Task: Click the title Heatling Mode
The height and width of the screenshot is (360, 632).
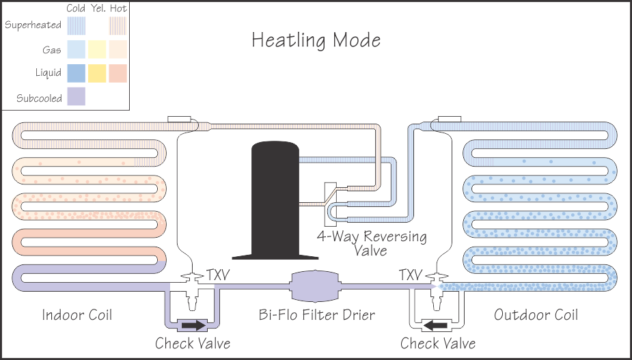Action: [316, 40]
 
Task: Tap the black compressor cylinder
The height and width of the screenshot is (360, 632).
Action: [275, 198]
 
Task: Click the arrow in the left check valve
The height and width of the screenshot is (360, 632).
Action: [193, 325]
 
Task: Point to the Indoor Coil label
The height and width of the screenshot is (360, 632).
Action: [77, 315]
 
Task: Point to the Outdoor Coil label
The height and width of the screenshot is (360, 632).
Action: [536, 315]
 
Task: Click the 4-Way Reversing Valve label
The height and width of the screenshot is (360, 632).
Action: [372, 243]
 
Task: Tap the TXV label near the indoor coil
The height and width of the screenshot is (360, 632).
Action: [218, 275]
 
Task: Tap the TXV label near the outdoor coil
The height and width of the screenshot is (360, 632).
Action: [410, 275]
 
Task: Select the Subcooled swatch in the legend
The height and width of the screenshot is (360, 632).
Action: [76, 97]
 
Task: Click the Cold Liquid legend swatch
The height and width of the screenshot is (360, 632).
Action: [76, 72]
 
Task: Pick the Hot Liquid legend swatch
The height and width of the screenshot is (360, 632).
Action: [118, 72]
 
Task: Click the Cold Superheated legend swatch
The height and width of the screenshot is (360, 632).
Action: [76, 25]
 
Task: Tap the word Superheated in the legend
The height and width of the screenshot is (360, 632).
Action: [33, 25]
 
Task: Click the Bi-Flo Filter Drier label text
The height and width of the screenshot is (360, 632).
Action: [317, 315]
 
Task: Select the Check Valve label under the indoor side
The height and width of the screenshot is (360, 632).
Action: [193, 343]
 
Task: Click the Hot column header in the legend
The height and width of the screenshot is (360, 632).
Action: [118, 8]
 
